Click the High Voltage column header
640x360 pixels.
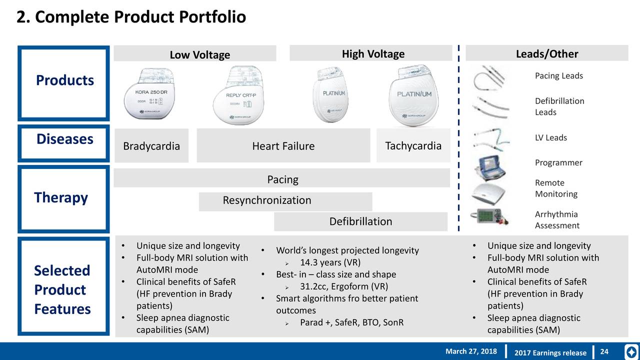[x=372, y=54]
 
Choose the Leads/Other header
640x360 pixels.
[x=546, y=54]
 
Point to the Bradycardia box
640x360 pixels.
[x=151, y=146]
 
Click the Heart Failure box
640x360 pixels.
[x=283, y=146]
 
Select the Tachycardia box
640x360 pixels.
[x=413, y=145]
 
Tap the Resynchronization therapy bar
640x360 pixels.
[x=266, y=200]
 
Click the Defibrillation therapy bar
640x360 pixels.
[x=360, y=221]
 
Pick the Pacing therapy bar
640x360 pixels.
[x=282, y=179]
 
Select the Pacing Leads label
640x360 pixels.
[x=558, y=76]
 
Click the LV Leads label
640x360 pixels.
[x=550, y=137]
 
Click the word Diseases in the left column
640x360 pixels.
[x=64, y=139]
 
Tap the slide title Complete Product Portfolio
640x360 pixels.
[x=131, y=17]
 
